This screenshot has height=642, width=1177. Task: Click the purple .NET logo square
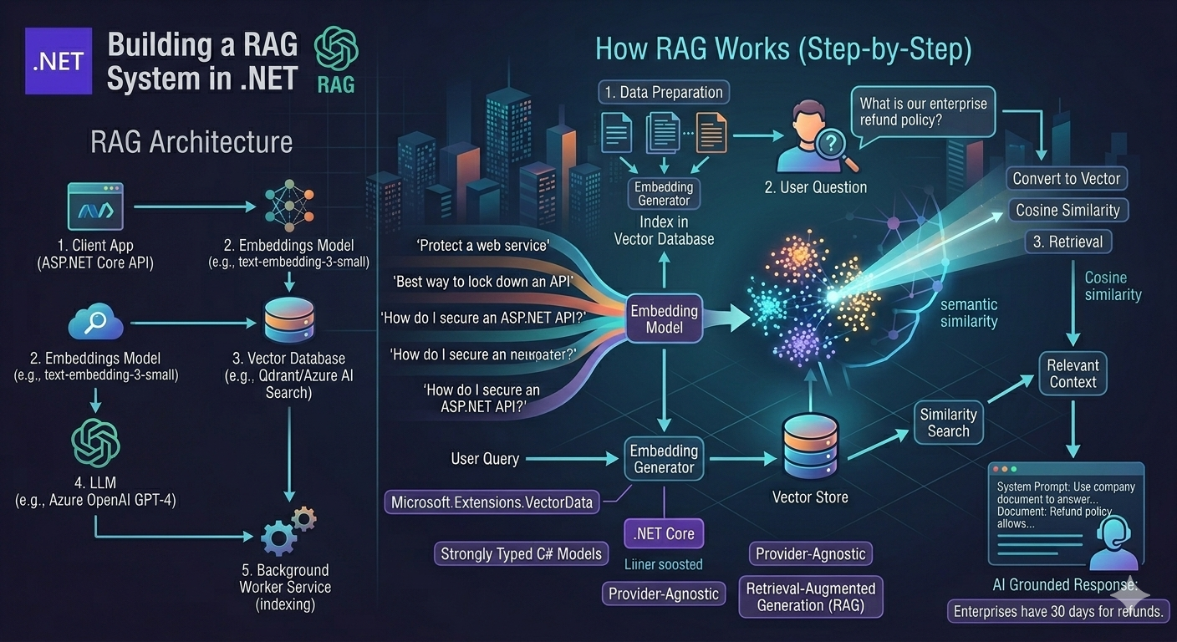(x=58, y=60)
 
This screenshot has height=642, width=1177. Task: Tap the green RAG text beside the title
(x=336, y=84)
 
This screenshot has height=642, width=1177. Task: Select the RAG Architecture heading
(x=191, y=142)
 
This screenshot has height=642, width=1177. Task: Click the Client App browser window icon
(x=94, y=206)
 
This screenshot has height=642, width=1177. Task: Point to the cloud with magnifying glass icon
(x=95, y=322)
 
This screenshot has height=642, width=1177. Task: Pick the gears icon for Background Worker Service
(x=286, y=530)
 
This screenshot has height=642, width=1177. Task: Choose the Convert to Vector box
(x=1066, y=178)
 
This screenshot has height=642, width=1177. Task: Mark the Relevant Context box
(x=1073, y=374)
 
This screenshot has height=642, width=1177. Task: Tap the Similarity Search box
(x=948, y=422)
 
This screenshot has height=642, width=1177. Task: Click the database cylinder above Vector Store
(x=808, y=446)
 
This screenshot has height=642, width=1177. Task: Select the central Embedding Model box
(x=664, y=319)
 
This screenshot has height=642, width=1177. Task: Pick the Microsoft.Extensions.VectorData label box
(x=492, y=502)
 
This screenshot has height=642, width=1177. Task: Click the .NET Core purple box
(x=664, y=533)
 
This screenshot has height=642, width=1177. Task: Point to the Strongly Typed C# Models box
(x=521, y=553)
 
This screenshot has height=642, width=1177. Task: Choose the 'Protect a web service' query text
(x=482, y=245)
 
